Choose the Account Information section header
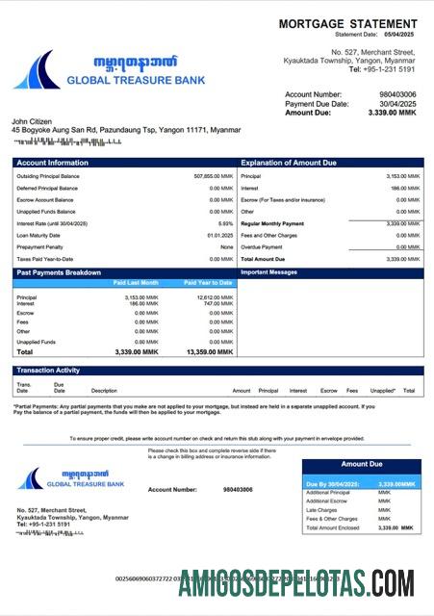(52, 163)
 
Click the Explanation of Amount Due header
(289, 163)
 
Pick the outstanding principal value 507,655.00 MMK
(214, 176)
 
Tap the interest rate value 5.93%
(226, 223)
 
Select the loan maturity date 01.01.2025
(219, 235)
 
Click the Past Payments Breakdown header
(59, 272)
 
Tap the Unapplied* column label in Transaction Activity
(382, 391)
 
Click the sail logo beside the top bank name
(36, 70)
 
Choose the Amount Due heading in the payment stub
(362, 464)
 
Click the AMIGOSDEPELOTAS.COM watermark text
(295, 582)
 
